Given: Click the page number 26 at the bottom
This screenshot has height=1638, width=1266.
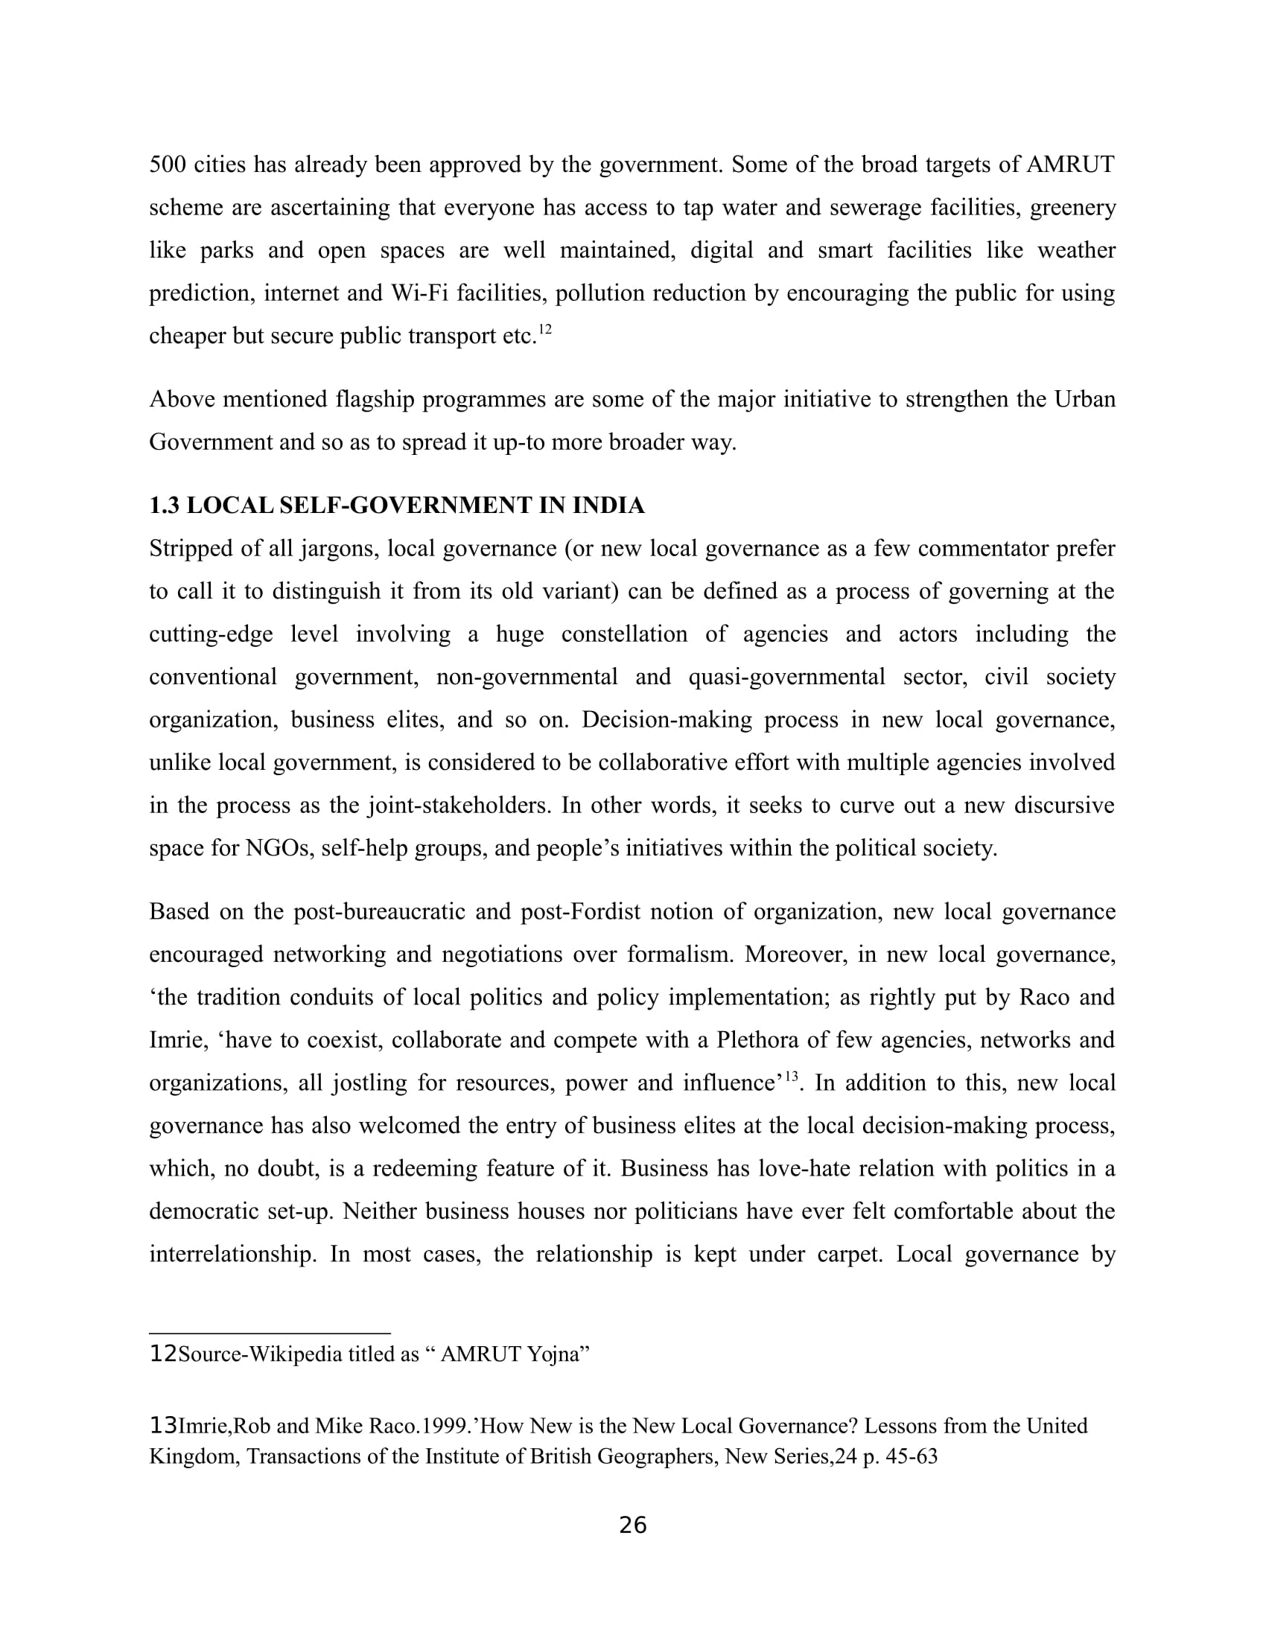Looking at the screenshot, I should click(x=632, y=1526).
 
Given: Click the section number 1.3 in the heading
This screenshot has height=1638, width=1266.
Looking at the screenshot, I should click(x=165, y=506).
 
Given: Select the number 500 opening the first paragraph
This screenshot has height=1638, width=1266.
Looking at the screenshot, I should click(x=168, y=165).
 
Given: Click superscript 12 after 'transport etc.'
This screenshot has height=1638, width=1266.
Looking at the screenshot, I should click(x=545, y=329).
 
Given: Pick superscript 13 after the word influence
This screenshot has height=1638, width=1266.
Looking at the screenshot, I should click(x=791, y=1077).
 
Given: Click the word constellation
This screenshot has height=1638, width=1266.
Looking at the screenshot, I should click(x=624, y=634).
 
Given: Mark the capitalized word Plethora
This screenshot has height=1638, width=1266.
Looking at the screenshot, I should click(x=762, y=1040).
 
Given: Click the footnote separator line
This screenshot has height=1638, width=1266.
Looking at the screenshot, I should click(x=270, y=1333).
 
